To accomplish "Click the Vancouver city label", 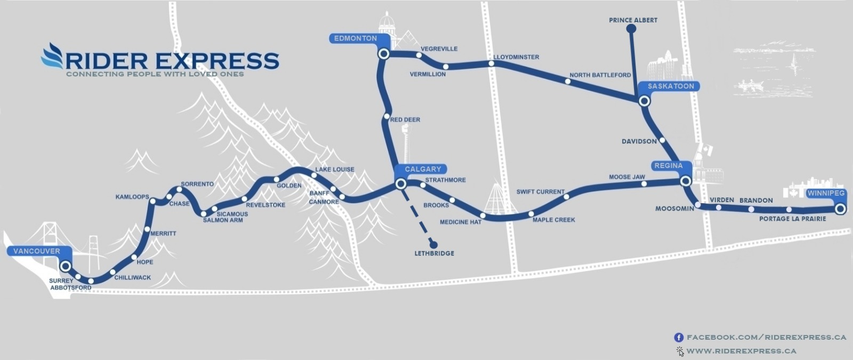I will point(36,251).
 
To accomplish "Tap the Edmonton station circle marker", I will point(383,54).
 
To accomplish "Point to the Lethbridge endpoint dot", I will point(433,243).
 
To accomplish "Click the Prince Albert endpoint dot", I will point(631,30).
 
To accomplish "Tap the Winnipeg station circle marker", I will point(840,209).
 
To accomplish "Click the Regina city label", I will point(668,166).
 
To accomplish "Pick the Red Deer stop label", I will point(405,120).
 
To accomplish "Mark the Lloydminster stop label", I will point(516,57).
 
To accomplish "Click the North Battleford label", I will point(600,75).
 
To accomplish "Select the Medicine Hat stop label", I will point(460,222).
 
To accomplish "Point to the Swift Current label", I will point(540,192).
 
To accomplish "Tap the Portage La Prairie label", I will point(792,219).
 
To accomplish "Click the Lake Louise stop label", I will point(334,170).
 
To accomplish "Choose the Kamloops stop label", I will point(132,197).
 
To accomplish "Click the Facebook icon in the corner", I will point(679,338).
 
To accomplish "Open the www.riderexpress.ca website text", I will point(741,351).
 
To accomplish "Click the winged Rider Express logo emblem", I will point(52,56).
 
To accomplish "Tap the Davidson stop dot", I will point(662,141).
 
